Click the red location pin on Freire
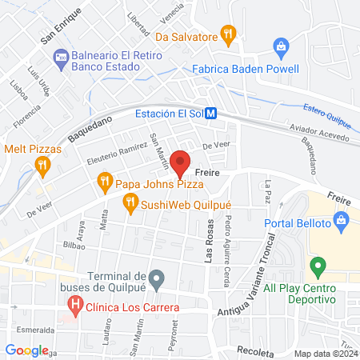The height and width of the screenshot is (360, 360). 180,162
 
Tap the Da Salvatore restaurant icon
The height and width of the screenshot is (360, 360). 230,34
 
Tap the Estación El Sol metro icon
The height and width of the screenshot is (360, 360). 210,114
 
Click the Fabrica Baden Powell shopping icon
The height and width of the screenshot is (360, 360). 281,47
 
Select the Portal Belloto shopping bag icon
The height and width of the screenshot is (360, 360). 342,219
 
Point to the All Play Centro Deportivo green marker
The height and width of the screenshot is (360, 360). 318,266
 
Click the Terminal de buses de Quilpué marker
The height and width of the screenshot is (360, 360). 157,279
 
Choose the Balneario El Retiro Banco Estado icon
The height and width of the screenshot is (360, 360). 59,57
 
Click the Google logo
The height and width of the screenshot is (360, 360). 26,350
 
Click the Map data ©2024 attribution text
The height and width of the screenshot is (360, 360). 324,353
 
